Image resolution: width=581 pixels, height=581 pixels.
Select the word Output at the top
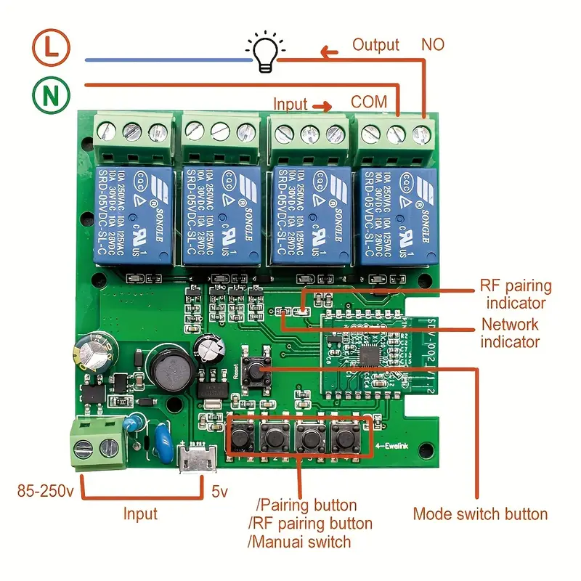coord(375,45)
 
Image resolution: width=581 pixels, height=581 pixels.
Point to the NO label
coord(434,45)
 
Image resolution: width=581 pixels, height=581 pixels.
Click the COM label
coord(369,102)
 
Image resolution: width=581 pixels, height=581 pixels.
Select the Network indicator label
coord(511,333)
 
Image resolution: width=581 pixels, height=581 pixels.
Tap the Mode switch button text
coord(480,514)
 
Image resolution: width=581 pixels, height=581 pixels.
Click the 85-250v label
coord(45,492)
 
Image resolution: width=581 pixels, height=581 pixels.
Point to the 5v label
coord(219,492)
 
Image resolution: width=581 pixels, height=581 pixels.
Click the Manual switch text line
coord(299,542)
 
